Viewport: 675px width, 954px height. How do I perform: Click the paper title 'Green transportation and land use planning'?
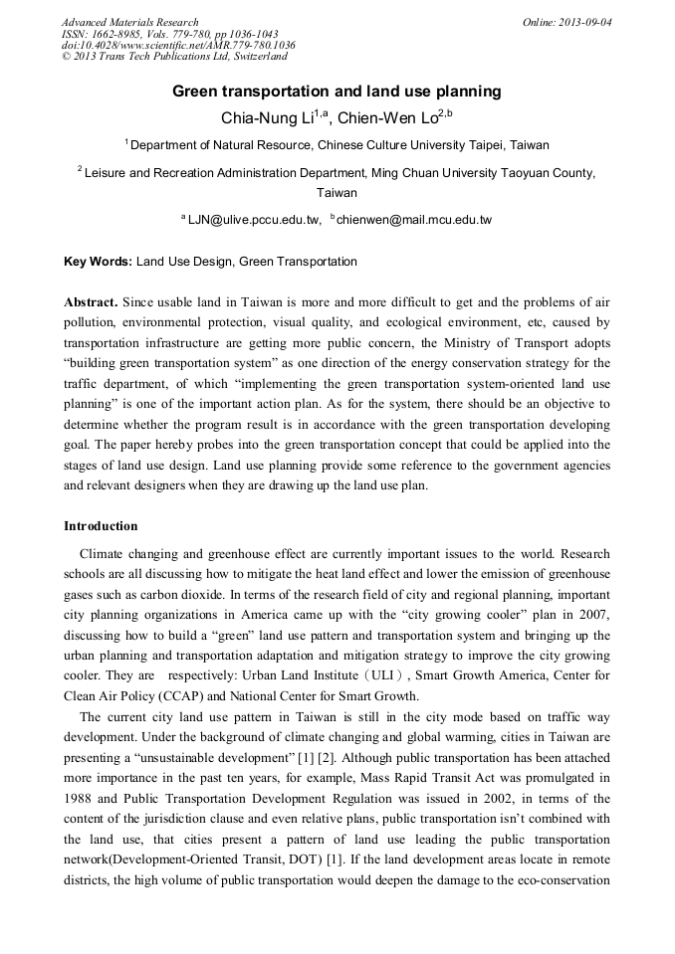click(x=337, y=92)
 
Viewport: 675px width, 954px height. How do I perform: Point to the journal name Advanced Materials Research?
click(x=129, y=22)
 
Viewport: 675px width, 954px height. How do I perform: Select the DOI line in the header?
click(x=177, y=45)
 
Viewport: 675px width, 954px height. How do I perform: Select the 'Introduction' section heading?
click(x=101, y=525)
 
